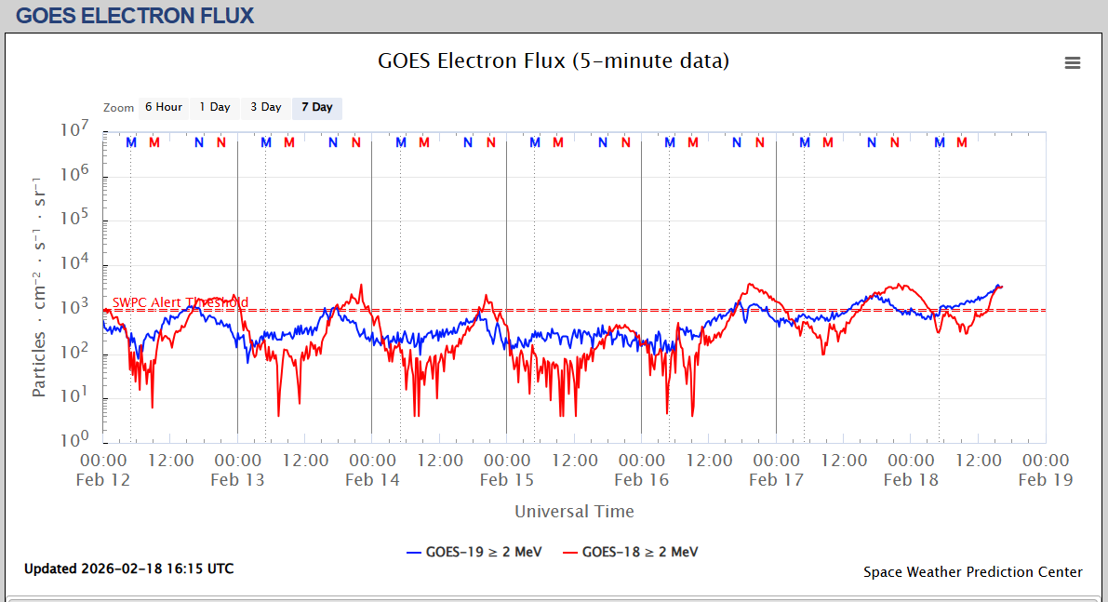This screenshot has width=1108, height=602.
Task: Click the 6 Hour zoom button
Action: [163, 107]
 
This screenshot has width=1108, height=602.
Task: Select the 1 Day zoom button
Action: [215, 107]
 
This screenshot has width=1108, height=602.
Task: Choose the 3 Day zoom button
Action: [265, 107]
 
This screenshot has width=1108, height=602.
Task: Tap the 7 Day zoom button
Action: [316, 107]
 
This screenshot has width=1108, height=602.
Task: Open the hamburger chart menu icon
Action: [1073, 62]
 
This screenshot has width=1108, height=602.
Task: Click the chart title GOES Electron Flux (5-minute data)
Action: [553, 61]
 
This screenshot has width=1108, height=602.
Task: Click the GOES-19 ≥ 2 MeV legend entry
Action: [474, 551]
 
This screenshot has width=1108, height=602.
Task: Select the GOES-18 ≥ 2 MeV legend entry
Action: [630, 551]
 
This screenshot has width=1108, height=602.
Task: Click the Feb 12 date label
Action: [103, 480]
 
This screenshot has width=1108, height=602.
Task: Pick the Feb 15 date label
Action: [507, 480]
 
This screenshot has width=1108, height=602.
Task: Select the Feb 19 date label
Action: [1046, 480]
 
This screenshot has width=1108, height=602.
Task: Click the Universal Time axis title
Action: [574, 512]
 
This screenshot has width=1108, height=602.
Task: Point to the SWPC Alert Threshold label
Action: [180, 302]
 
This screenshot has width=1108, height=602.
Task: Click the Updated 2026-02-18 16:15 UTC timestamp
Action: [128, 569]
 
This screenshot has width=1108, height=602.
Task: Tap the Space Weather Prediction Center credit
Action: [972, 572]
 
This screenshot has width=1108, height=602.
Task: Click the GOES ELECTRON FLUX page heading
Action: [135, 16]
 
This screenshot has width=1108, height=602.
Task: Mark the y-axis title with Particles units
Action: [39, 285]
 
